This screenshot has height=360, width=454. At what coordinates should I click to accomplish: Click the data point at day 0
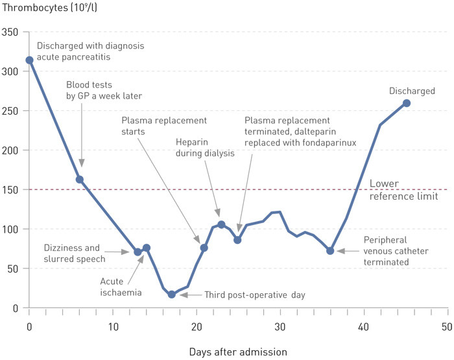(29, 60)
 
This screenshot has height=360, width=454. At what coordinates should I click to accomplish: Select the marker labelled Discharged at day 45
(406, 103)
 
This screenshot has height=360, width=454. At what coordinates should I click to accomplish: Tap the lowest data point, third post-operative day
(171, 294)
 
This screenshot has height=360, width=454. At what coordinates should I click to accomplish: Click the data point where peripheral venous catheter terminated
(330, 250)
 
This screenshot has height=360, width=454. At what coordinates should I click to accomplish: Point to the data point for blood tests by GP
(80, 180)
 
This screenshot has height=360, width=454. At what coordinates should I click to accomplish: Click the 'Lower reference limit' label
(402, 189)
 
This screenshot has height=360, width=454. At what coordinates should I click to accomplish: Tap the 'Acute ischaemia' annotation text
(121, 287)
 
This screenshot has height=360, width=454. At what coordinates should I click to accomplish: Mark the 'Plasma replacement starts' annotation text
(163, 126)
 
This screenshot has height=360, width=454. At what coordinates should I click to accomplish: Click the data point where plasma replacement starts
(204, 248)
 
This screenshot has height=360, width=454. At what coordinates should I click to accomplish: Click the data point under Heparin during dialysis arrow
(221, 224)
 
